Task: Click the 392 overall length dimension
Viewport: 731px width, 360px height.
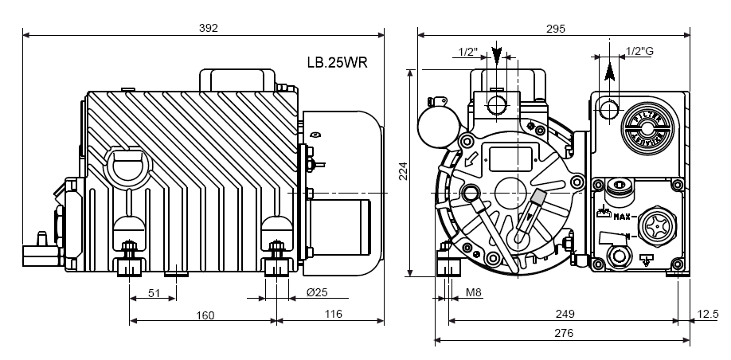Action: pos(208,27)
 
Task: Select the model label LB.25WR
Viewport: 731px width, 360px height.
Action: pos(336,62)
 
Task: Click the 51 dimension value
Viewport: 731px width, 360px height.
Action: pos(154,293)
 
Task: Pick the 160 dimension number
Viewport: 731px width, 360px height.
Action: pos(205,315)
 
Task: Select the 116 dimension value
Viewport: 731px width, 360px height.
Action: pos(332,315)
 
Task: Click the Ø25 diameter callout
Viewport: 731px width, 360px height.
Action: pos(317,293)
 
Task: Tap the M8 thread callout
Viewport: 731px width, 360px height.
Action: pos(473,293)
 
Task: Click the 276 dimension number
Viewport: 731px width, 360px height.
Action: pos(563,334)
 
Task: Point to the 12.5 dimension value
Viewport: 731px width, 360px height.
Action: pos(707,315)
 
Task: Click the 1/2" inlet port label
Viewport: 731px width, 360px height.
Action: pos(468,52)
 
